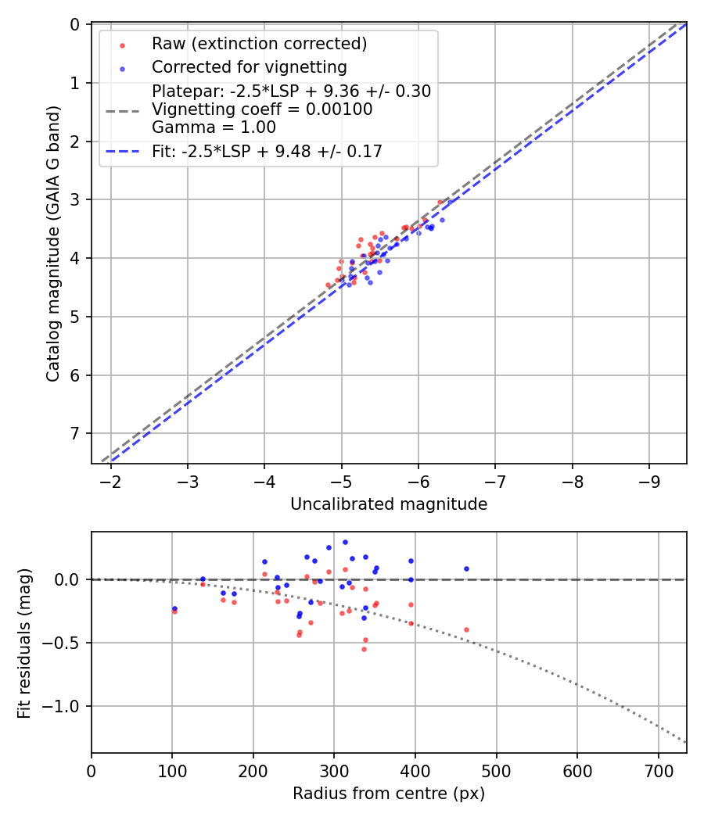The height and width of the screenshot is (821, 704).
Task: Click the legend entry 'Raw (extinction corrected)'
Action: tap(259, 43)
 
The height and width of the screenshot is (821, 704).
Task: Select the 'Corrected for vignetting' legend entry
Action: tap(249, 66)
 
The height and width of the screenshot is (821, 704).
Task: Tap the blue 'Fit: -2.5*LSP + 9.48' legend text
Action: tap(267, 151)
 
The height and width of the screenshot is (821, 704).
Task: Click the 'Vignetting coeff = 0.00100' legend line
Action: tap(261, 109)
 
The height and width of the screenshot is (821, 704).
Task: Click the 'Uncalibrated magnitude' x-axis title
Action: tap(389, 504)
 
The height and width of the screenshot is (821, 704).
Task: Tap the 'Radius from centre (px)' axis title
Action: tap(389, 794)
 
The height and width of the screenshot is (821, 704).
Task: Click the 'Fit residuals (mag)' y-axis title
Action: tap(24, 643)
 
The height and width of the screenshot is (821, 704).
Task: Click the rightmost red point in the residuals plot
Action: tap(466, 629)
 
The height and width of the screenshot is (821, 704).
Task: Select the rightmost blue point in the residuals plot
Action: tap(466, 568)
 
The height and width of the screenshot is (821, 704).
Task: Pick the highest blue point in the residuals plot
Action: tap(345, 542)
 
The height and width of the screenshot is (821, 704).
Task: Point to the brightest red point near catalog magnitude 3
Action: tap(440, 202)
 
